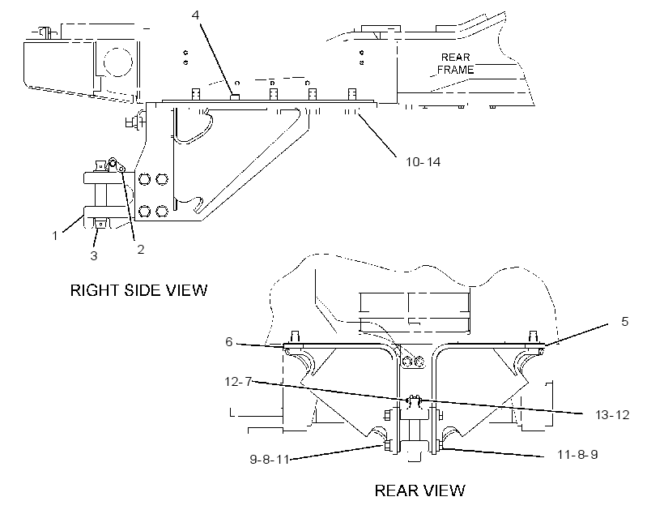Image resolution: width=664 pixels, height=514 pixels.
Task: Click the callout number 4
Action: point(195,15)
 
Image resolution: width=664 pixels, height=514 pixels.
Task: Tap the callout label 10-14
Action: point(423,162)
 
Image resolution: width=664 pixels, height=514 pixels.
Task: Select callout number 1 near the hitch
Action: point(54,235)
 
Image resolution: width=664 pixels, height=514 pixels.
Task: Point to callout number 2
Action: point(141,250)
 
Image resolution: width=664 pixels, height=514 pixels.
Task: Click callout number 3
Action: point(94,255)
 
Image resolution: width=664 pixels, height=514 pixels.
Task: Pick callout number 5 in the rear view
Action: point(624,322)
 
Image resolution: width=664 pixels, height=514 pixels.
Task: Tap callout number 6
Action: point(228,342)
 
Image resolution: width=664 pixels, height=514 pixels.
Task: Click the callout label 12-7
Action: point(238,382)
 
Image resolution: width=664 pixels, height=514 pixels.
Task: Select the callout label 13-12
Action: point(612,414)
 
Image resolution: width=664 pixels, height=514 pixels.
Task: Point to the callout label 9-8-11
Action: point(270,460)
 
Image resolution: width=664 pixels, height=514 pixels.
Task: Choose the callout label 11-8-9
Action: point(577,455)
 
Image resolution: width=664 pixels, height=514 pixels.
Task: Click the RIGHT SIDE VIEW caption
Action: point(139,290)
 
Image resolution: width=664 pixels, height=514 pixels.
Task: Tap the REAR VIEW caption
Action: point(420,490)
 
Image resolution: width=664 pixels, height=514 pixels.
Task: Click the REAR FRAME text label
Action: point(456,63)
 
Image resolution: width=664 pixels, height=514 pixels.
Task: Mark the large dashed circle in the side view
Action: point(118,62)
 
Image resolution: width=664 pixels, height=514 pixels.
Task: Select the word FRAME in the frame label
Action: point(456,70)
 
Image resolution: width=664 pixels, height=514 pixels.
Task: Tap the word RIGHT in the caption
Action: point(96,290)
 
